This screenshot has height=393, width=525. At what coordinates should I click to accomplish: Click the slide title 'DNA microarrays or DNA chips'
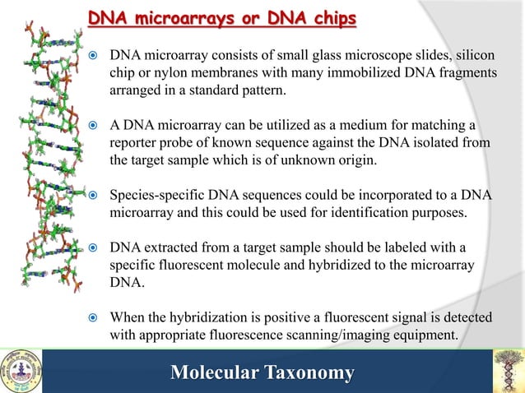(x=222, y=17)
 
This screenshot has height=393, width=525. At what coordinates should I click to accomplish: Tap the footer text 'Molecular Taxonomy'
(x=262, y=373)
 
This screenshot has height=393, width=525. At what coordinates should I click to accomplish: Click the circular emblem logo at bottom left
(x=21, y=371)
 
